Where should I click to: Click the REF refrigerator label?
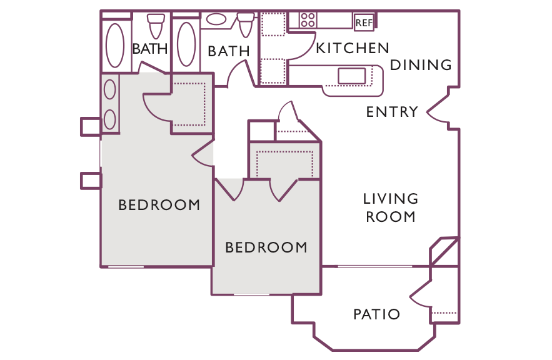click(x=364, y=23)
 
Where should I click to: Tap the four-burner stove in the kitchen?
click(x=308, y=20)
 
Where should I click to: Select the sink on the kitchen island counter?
click(x=351, y=76)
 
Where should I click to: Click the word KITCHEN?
click(x=353, y=48)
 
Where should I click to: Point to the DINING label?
click(x=421, y=65)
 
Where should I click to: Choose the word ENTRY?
click(x=392, y=112)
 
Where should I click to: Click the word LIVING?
click(x=391, y=199)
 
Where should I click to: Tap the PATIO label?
click(x=377, y=314)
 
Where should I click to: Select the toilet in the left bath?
click(x=156, y=26)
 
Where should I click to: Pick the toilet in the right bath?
click(x=246, y=24)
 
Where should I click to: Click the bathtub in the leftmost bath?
click(x=115, y=46)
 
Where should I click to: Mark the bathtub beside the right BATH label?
click(x=186, y=44)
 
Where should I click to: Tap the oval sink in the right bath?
click(x=216, y=19)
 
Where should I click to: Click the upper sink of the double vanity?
click(x=110, y=89)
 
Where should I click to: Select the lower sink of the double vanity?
click(x=110, y=119)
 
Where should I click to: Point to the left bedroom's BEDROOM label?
click(x=159, y=205)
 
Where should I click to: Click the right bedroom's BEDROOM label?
click(x=266, y=247)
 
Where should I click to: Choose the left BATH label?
click(x=150, y=49)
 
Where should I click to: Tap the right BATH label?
click(x=229, y=51)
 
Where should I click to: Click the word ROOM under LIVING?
click(x=391, y=217)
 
